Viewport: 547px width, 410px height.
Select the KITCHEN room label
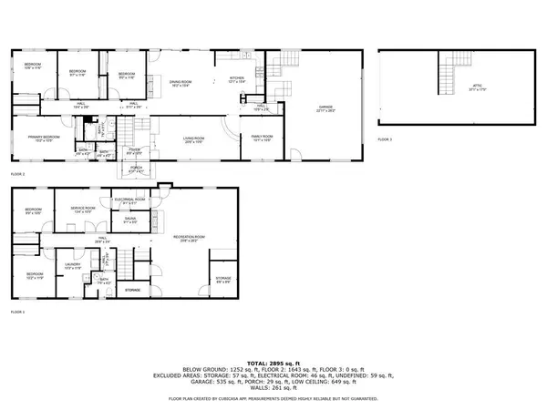point(239,79)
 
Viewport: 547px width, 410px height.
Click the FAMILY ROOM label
point(263,138)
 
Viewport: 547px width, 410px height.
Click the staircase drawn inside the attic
point(448,73)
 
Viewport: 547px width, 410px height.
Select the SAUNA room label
point(129,220)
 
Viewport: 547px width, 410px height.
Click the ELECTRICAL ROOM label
point(129,200)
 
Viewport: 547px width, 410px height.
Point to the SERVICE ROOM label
point(84,210)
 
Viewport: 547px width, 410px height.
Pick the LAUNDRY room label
point(74,266)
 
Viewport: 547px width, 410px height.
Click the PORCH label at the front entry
point(137,169)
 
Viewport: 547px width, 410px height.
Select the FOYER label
point(132,151)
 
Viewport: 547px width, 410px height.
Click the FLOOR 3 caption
point(385,139)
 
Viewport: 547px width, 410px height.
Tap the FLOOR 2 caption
point(18,173)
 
